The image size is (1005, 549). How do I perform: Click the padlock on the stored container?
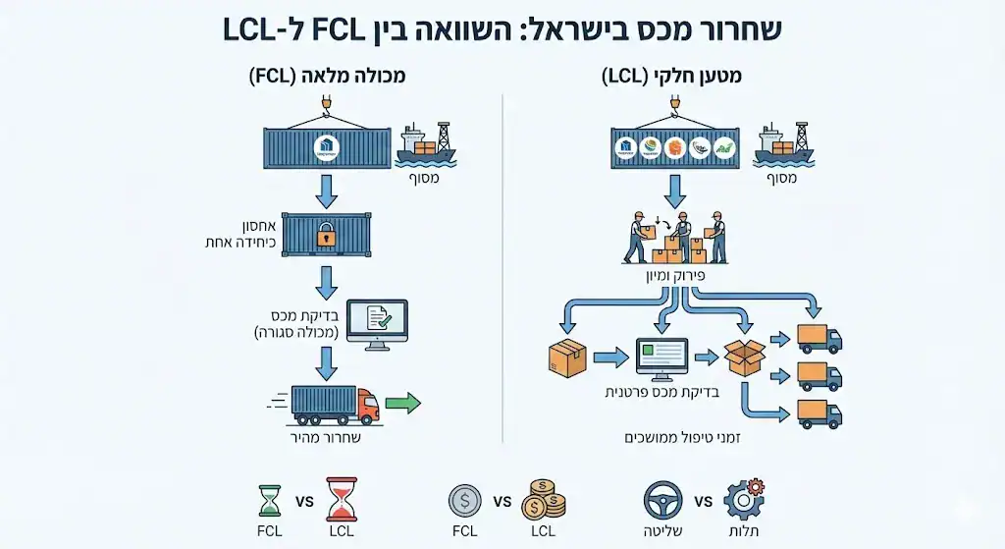coord(325,237)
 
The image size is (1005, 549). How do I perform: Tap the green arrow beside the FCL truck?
coord(402,402)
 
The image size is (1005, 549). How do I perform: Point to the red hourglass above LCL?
coord(341,500)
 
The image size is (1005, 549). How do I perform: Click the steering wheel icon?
coord(663,500)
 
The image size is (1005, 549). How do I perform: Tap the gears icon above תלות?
coord(743,499)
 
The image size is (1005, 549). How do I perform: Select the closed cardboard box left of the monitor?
coord(567,357)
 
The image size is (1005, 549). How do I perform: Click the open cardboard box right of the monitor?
coord(744,357)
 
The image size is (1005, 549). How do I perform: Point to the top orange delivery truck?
coord(820,338)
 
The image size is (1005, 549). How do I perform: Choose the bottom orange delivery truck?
coord(820,412)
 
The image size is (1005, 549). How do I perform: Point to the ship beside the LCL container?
coord(782,145)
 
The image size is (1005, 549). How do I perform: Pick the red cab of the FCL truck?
coord(367,402)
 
